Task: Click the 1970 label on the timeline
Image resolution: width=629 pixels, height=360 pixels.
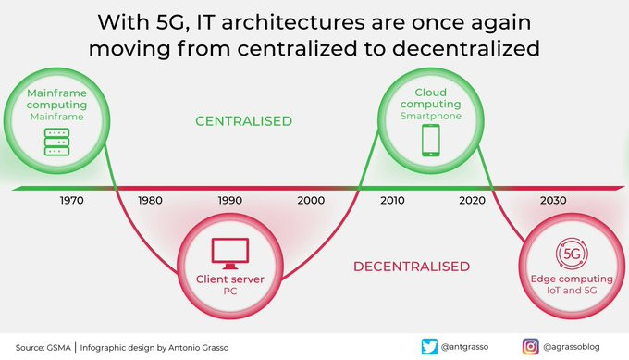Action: click(72, 200)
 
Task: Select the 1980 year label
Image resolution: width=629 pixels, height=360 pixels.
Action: click(151, 200)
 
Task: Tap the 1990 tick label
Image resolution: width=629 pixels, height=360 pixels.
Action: click(230, 200)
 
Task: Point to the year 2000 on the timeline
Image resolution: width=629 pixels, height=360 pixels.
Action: click(311, 200)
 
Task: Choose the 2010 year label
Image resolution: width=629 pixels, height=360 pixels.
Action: click(392, 200)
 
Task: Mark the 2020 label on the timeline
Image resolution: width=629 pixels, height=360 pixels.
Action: click(472, 200)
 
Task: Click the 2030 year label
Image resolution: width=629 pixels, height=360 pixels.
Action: click(553, 200)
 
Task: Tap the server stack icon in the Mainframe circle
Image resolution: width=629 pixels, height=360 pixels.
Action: click(56, 142)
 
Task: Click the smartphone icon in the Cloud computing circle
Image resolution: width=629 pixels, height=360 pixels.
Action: click(431, 140)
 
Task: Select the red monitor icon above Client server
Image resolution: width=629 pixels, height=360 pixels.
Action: click(230, 254)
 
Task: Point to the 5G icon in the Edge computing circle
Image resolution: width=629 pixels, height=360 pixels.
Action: click(572, 254)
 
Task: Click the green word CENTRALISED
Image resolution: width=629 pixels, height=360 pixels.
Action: click(244, 121)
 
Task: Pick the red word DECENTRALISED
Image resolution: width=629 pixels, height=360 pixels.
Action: click(412, 267)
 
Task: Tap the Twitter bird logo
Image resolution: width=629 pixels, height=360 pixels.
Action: click(429, 347)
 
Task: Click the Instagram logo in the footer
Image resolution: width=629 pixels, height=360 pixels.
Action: click(530, 347)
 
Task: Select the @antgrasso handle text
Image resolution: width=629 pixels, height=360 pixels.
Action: click(464, 347)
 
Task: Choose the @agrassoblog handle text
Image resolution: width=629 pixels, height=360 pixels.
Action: click(572, 347)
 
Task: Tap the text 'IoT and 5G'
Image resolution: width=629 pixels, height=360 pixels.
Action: click(572, 291)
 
